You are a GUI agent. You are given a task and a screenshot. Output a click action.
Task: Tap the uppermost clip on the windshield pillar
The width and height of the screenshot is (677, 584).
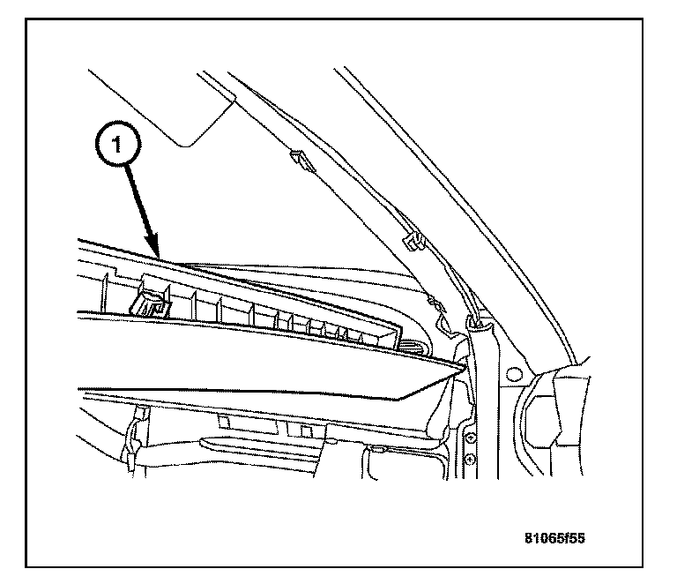(x=296, y=159)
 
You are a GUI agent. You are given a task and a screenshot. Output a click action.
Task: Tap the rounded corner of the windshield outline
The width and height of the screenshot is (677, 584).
(x=186, y=141)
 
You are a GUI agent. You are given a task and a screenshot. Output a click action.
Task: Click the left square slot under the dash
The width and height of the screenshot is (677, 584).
(x=224, y=423)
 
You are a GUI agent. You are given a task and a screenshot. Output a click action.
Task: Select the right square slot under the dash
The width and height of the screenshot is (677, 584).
(x=293, y=428)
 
